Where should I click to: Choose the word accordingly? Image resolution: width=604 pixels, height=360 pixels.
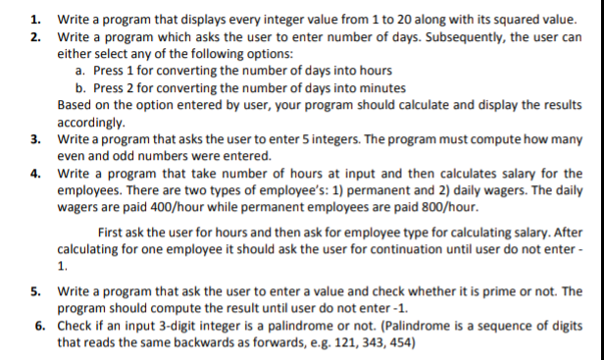click(90, 123)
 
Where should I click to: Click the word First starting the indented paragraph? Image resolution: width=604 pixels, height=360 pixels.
click(114, 231)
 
